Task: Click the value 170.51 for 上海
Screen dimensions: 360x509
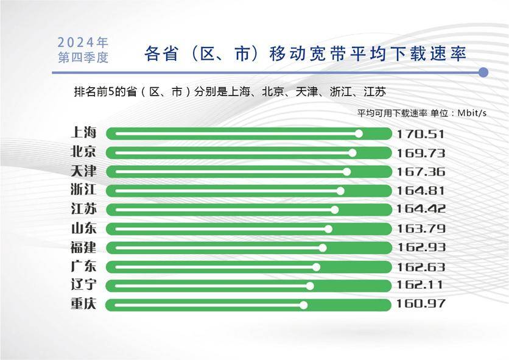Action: pyautogui.click(x=421, y=134)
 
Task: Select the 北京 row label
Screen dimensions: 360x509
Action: pyautogui.click(x=84, y=152)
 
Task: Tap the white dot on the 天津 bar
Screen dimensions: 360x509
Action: pyautogui.click(x=346, y=172)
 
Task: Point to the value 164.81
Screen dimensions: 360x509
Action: pyautogui.click(x=421, y=191)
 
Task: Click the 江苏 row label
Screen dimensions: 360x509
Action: pyautogui.click(x=84, y=210)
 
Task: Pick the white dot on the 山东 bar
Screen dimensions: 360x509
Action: pyautogui.click(x=328, y=229)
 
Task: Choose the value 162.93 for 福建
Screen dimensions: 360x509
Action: pyautogui.click(x=421, y=248)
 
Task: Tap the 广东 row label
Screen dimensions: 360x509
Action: pyautogui.click(x=84, y=267)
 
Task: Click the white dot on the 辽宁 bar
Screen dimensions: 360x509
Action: pyautogui.click(x=310, y=286)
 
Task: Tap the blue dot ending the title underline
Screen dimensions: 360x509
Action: pyautogui.click(x=483, y=72)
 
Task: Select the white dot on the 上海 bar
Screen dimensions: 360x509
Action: pyautogui.click(x=359, y=133)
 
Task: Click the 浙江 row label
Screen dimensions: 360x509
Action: pyautogui.click(x=84, y=191)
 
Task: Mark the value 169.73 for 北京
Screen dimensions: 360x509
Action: pyautogui.click(x=421, y=153)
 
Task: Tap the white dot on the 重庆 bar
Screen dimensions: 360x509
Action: pyautogui.click(x=304, y=305)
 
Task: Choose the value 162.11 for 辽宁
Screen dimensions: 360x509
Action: pyautogui.click(x=421, y=286)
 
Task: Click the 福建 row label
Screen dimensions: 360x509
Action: pyautogui.click(x=84, y=248)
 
